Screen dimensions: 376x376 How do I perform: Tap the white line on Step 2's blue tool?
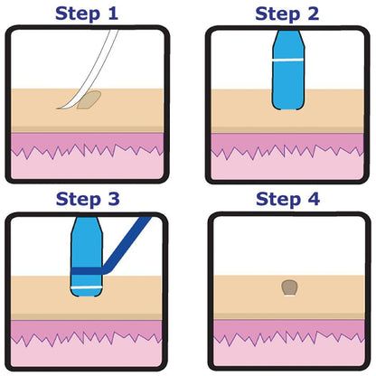point(287,59)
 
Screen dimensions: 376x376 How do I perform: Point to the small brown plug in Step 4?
point(289,288)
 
